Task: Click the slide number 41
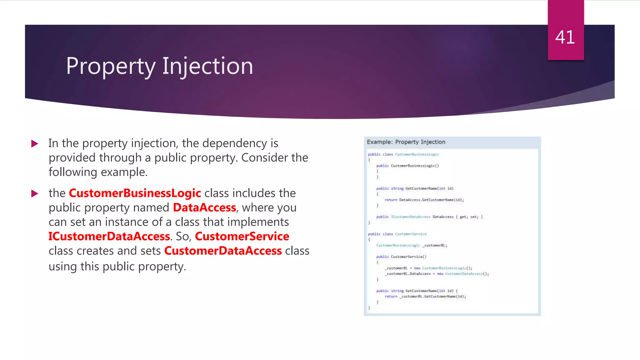click(x=565, y=37)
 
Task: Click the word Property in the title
click(x=111, y=67)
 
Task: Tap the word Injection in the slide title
click(x=207, y=67)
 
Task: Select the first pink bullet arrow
click(x=35, y=144)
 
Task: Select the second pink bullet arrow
click(x=35, y=194)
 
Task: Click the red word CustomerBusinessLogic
click(x=135, y=193)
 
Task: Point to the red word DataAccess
click(x=204, y=208)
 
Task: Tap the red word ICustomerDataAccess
click(x=109, y=237)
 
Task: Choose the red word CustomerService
click(x=242, y=237)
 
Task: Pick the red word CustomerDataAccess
click(x=223, y=251)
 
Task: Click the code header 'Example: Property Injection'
click(x=406, y=142)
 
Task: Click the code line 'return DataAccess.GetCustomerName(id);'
click(x=424, y=200)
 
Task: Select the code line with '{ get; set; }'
click(x=429, y=217)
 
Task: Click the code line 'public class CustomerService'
click(x=397, y=234)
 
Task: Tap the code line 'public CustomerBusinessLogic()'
click(x=407, y=166)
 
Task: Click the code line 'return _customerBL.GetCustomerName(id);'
click(x=425, y=297)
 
